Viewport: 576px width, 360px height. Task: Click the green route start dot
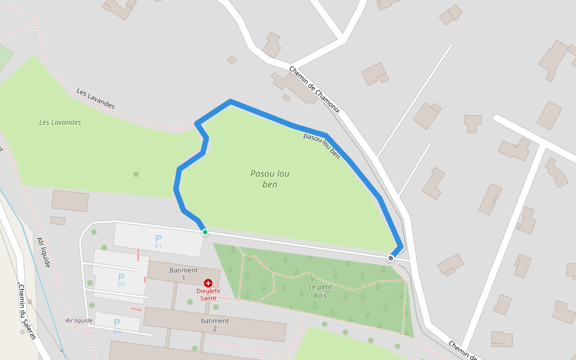[205, 232]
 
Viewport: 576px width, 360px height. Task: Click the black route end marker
[391, 258]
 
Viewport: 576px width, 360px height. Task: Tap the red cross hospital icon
[208, 283]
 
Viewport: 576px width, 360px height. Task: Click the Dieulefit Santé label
[208, 294]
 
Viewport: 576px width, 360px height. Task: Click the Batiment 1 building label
[184, 274]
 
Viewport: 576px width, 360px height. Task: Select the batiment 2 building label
[214, 324]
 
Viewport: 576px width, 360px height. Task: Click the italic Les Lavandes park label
[60, 122]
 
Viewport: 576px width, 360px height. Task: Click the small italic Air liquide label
[79, 320]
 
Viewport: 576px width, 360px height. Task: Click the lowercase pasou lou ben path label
[322, 146]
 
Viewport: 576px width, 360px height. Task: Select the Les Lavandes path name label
[95, 99]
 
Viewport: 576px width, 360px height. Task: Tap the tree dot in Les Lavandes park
[136, 174]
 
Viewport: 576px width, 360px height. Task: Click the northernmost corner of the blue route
[230, 101]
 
